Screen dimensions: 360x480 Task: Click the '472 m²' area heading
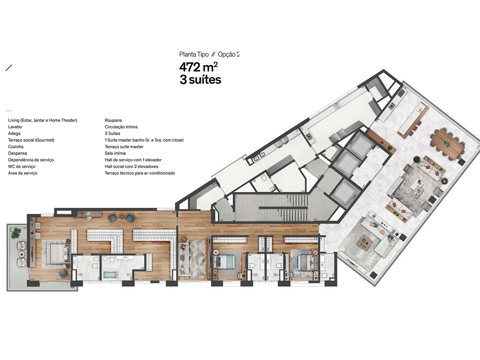pos(198,67)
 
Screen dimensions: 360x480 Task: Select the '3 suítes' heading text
pos(200,80)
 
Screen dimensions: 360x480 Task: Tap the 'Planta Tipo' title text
pos(194,54)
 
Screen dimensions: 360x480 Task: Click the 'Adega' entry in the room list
pos(15,134)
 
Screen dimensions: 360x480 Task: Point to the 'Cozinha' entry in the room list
pos(16,147)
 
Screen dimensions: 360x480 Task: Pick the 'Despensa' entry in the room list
pos(18,153)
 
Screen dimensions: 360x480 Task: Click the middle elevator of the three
pos(347,163)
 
